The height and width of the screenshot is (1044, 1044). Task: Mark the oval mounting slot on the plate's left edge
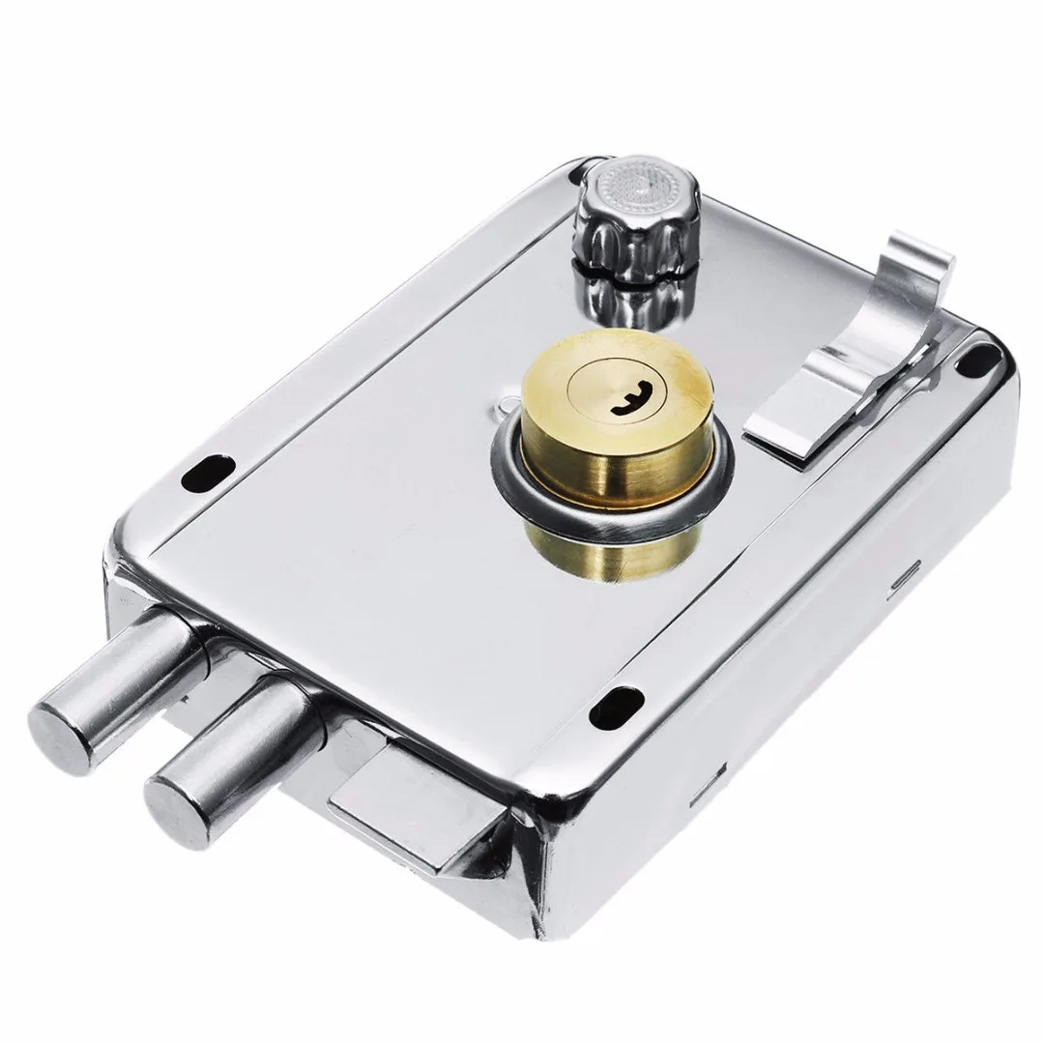[x=204, y=472]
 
